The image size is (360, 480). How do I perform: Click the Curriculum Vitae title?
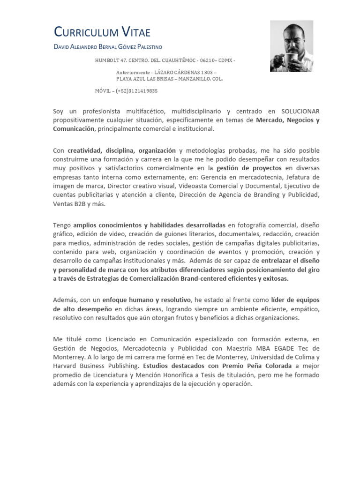tap(102, 32)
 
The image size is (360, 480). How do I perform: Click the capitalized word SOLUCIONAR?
tap(300, 111)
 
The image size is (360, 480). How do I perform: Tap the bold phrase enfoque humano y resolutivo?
tap(147, 300)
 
